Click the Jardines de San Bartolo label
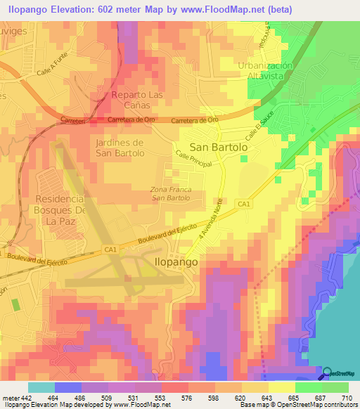pyautogui.click(x=119, y=148)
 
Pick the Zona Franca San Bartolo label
pyautogui.click(x=172, y=193)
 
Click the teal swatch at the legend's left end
pyautogui.click(x=41, y=387)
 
